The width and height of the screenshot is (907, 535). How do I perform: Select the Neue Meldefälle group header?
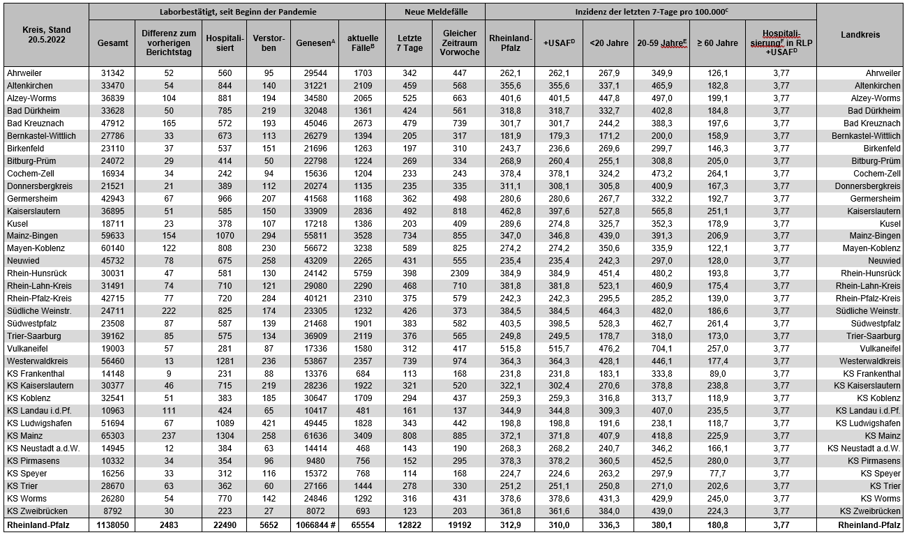(435, 12)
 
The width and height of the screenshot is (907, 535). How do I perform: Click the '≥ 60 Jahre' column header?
(717, 43)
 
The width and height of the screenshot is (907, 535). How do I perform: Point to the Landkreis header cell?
(860, 34)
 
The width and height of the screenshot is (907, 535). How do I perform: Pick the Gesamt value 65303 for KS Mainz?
(112, 436)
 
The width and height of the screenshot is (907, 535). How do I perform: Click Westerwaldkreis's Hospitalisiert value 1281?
(224, 361)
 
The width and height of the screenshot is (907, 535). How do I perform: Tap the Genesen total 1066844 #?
(315, 525)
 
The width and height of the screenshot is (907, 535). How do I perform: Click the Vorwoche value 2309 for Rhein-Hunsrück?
(458, 273)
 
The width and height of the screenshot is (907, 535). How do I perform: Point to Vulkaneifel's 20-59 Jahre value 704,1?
(662, 349)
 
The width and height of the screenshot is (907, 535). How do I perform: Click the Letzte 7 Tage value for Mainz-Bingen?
(409, 236)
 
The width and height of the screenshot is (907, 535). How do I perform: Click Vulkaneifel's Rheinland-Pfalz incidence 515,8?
(511, 349)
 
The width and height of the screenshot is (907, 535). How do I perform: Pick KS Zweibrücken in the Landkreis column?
(864, 511)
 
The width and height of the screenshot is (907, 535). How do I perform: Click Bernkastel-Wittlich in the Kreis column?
(41, 135)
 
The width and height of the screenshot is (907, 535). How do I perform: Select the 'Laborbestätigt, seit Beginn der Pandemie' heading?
(237, 12)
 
